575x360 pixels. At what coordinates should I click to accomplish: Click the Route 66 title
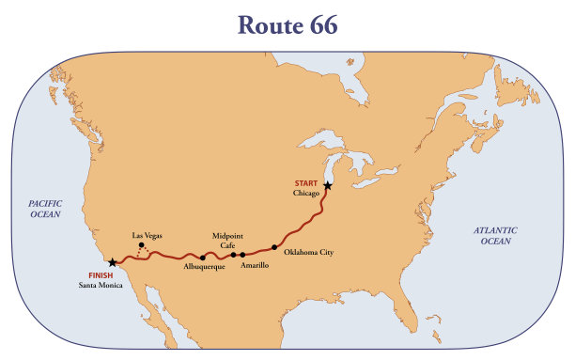(287, 25)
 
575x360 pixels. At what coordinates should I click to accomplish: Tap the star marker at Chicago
(327, 185)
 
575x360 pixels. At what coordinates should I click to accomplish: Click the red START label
(306, 182)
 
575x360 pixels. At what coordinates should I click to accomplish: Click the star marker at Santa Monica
(114, 262)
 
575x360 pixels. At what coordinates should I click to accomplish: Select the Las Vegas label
(148, 235)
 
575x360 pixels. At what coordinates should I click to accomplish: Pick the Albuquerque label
(204, 268)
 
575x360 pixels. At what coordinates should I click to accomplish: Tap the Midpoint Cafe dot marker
(233, 255)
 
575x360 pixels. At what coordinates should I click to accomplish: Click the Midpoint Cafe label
(228, 240)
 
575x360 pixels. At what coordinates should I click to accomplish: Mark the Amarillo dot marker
(242, 255)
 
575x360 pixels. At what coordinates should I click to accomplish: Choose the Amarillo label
(255, 266)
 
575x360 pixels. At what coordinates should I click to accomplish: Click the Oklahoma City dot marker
(274, 247)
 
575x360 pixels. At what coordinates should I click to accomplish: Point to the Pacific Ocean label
(44, 208)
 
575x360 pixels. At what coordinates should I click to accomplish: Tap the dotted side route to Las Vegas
(138, 254)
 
